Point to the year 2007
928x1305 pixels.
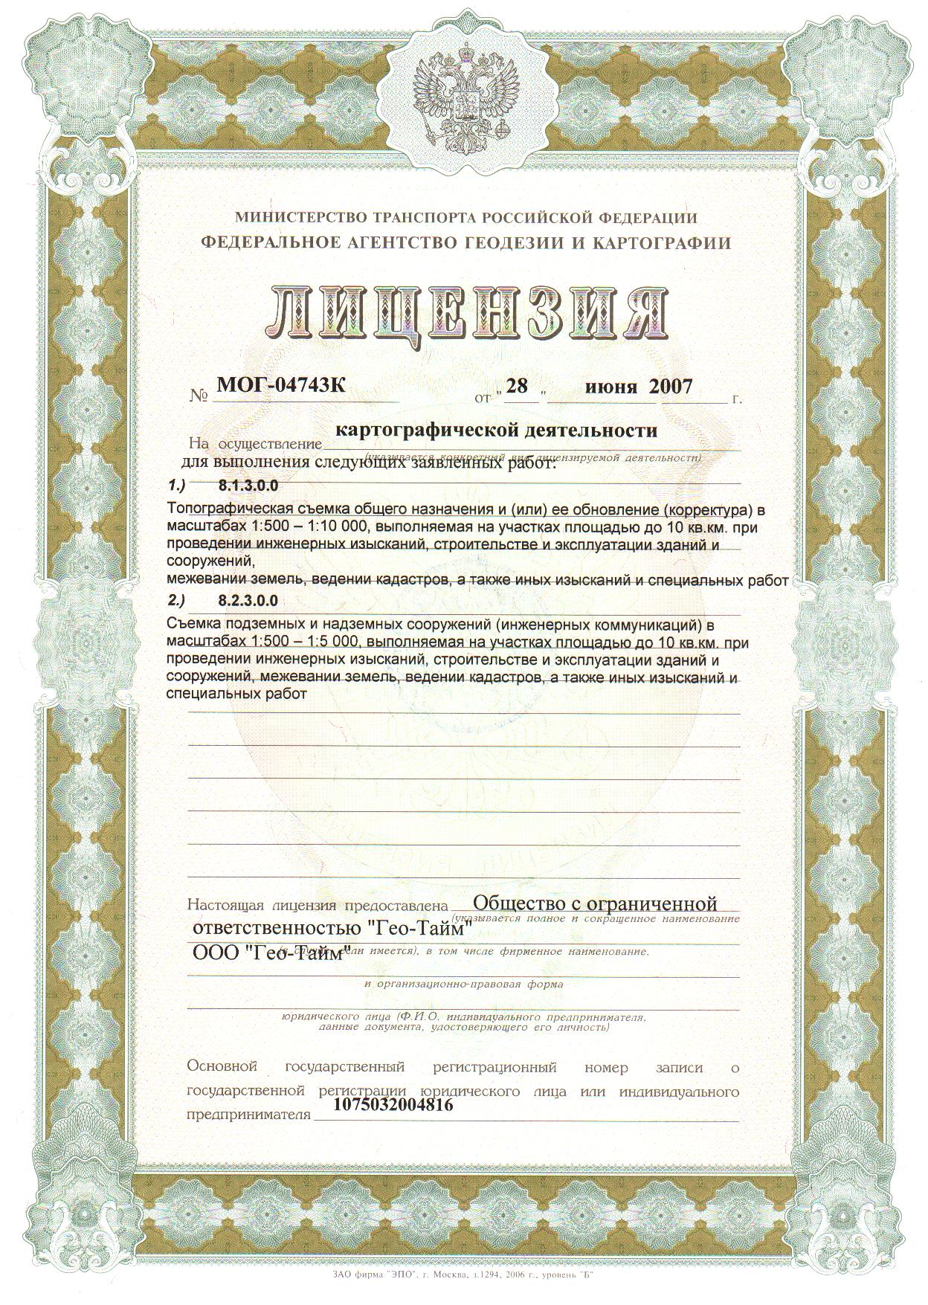point(670,387)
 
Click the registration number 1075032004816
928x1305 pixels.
point(384,1105)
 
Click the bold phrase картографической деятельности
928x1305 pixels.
point(497,430)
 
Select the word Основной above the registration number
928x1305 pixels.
point(222,1068)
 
